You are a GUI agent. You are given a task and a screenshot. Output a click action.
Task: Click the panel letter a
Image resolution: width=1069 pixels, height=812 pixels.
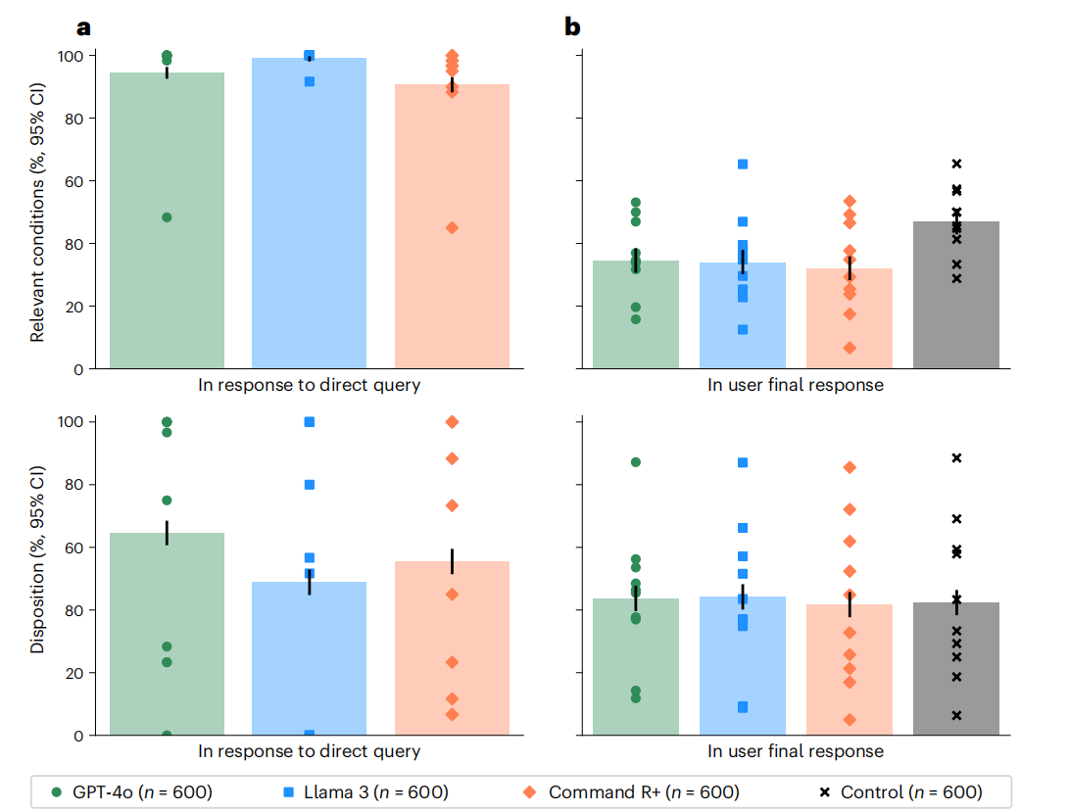click(84, 27)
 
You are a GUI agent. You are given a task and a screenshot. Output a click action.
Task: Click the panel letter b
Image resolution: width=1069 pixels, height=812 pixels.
click(572, 27)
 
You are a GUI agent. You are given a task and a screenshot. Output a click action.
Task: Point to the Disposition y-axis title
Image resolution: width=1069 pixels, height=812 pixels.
click(38, 578)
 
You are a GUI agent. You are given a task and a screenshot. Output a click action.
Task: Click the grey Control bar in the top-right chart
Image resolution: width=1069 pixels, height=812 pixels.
click(956, 295)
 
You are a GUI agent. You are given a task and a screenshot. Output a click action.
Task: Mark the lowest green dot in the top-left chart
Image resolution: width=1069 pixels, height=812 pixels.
click(167, 217)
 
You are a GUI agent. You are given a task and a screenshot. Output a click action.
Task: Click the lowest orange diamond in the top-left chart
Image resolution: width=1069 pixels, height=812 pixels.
click(452, 227)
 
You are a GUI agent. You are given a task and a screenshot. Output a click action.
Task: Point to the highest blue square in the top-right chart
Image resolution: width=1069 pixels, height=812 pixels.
click(743, 164)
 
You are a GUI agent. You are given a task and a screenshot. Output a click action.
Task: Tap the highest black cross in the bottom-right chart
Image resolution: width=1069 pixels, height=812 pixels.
click(956, 457)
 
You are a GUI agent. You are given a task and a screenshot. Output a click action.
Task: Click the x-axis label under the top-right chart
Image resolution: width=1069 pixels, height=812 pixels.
click(796, 385)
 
